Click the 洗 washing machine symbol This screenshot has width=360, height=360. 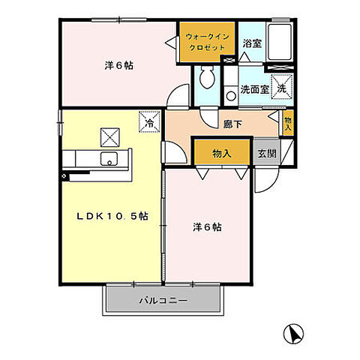click(x=281, y=87)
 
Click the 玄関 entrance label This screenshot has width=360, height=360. click(x=266, y=153)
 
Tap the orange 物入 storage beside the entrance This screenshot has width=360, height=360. click(x=221, y=153)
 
